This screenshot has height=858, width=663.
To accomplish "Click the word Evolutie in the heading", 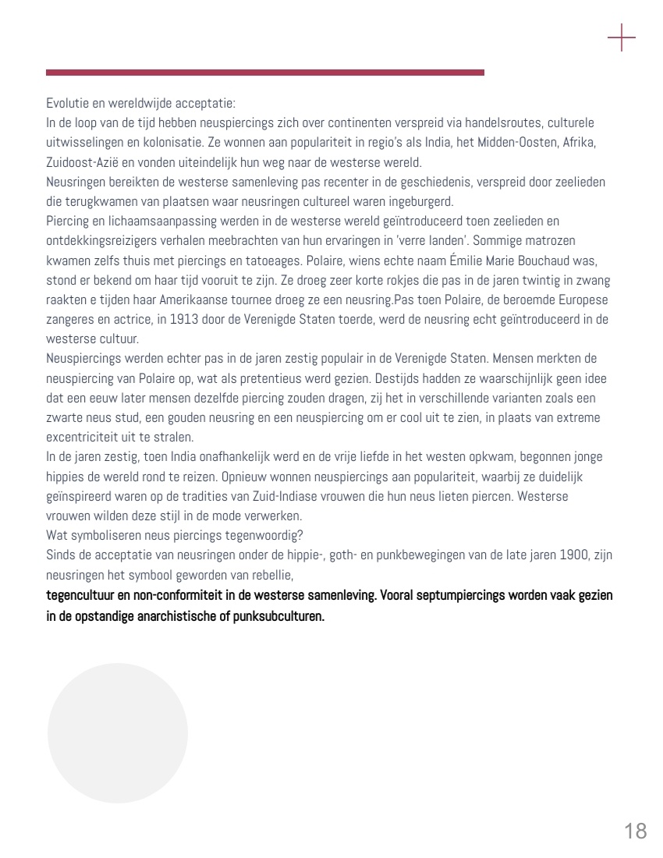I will tap(65, 103).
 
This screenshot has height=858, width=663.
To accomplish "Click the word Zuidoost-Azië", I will tap(80, 163).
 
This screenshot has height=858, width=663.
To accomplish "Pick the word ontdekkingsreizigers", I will tap(97, 241).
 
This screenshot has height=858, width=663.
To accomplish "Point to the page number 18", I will tap(636, 831).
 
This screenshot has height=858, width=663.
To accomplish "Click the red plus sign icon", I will tap(622, 37).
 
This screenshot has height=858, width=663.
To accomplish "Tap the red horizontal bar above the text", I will tap(265, 73).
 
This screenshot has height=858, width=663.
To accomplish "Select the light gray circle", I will tap(118, 733).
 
